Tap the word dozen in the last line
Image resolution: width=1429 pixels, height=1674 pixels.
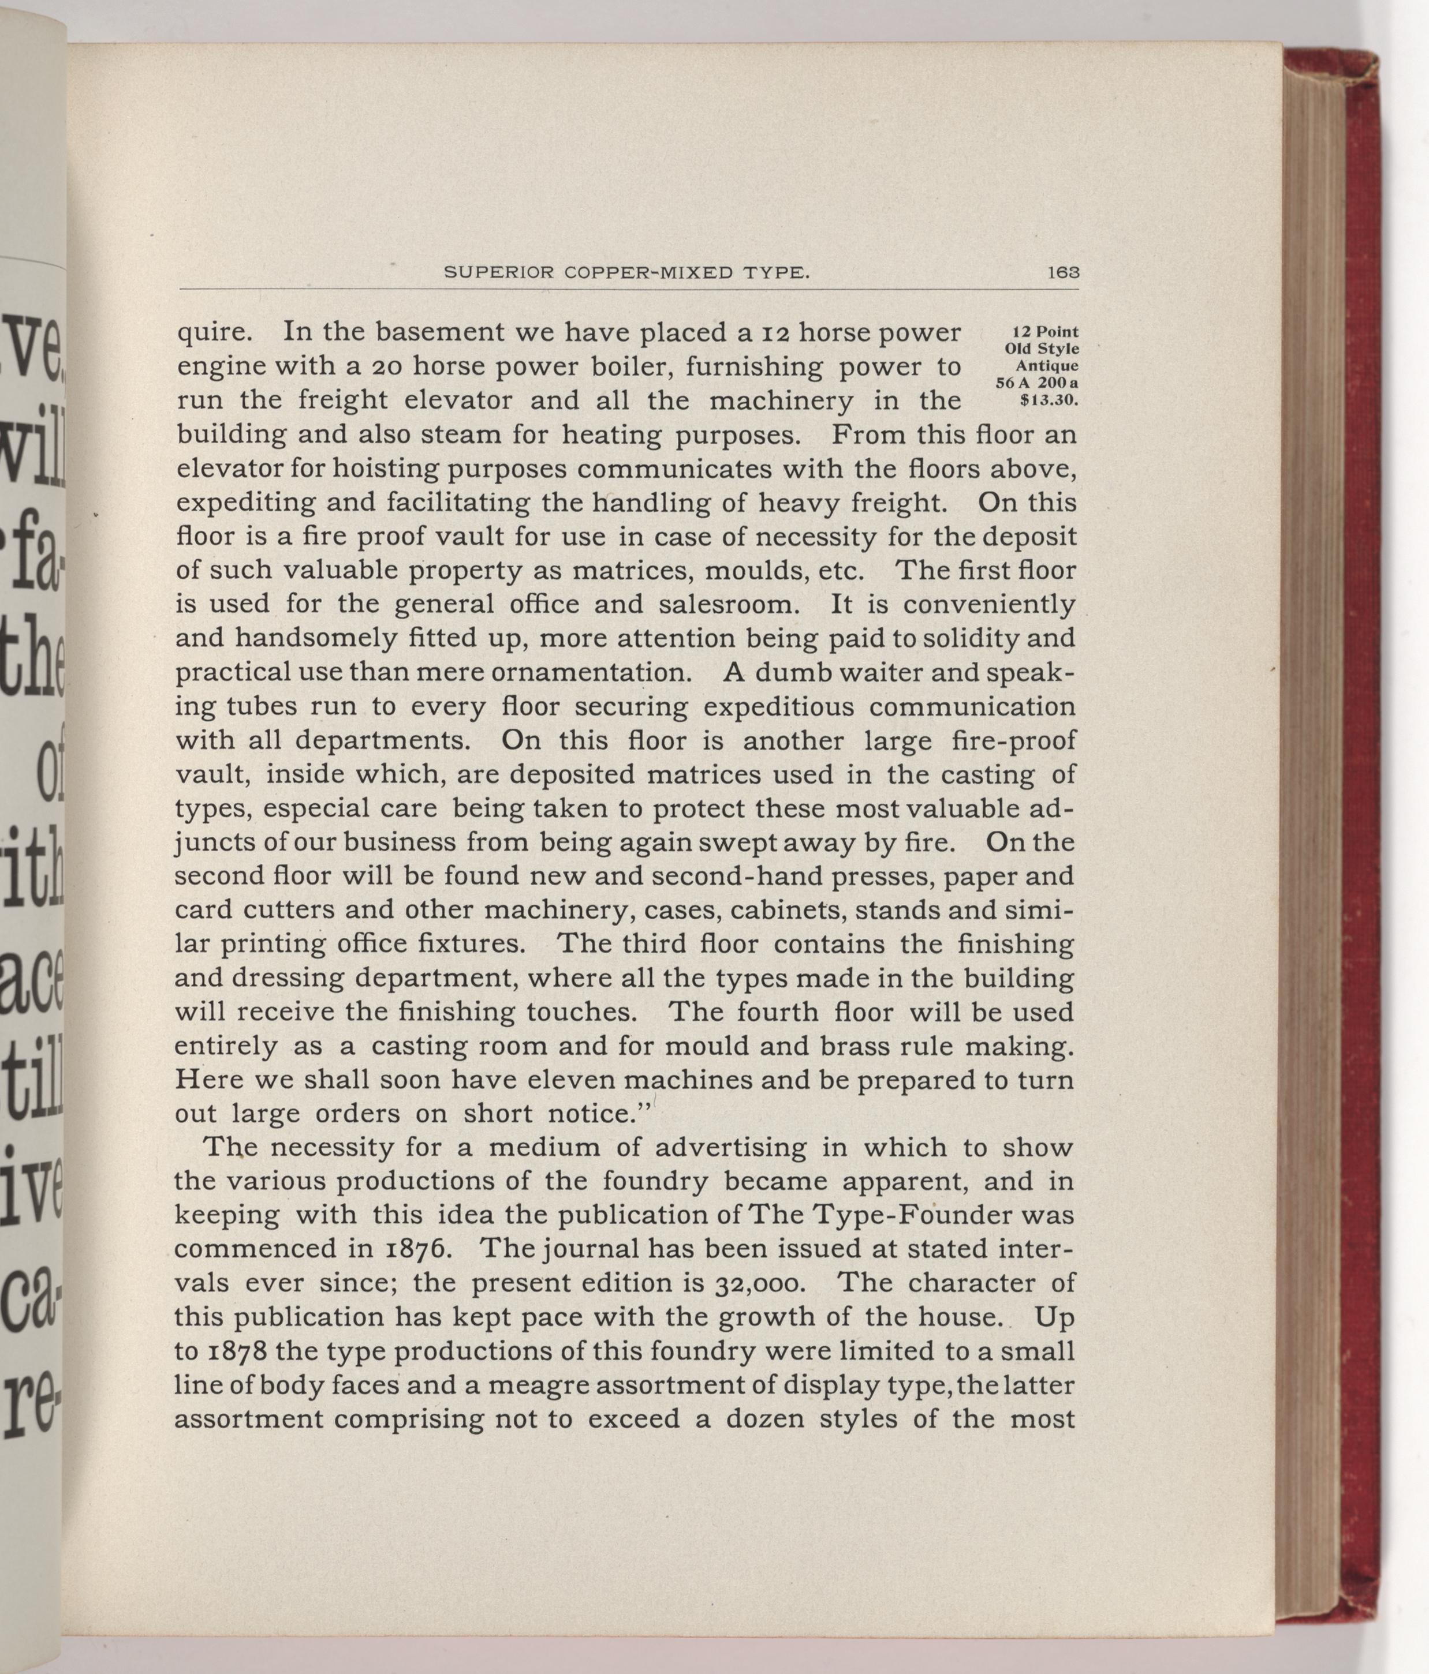point(764,1419)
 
